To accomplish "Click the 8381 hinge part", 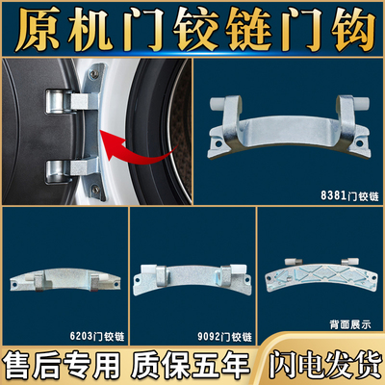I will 289,122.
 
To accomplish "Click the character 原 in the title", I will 36,27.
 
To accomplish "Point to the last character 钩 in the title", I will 349,27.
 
